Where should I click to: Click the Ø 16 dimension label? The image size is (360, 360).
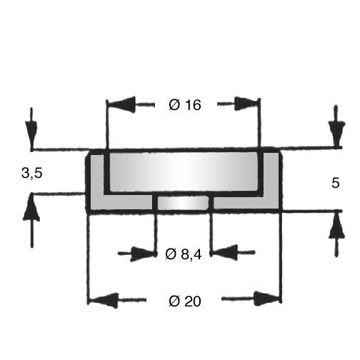pos(185,105)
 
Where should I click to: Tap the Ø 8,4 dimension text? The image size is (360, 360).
pos(184,254)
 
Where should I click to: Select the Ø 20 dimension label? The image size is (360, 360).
pos(185,301)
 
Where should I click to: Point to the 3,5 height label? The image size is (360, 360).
pos(32,173)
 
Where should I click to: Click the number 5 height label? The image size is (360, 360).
pos(336,184)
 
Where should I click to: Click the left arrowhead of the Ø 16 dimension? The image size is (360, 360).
pos(121,104)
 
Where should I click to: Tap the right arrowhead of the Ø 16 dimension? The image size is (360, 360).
pos(246,104)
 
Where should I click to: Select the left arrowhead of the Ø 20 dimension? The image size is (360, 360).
pos(104,300)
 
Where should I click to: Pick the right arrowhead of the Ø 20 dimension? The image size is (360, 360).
pos(266,299)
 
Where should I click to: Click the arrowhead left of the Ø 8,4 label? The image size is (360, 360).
pos(142,254)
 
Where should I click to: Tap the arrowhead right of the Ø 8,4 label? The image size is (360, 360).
pos(225,252)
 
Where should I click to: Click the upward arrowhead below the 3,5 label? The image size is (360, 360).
pos(31,208)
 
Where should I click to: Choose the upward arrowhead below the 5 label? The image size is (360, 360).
pos(336,225)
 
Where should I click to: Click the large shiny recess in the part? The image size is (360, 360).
pos(184,171)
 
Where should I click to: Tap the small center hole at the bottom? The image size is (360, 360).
pos(183,203)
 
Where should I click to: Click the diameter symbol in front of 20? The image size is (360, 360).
pos(174,301)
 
